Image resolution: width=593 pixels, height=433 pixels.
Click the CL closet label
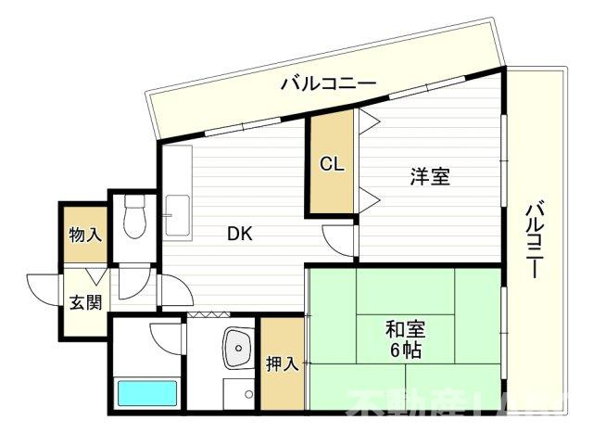point(332,165)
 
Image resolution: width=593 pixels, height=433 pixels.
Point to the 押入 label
point(282,364)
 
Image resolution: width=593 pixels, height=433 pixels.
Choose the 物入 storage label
point(84,235)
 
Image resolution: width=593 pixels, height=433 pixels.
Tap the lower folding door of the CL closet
point(367,197)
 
